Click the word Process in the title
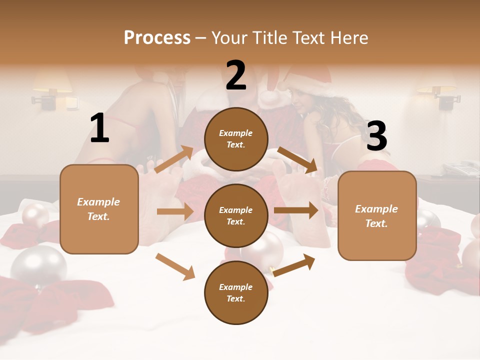point(157,37)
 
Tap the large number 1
point(99,128)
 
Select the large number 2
point(236,75)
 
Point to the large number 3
point(376,136)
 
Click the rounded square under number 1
point(99,209)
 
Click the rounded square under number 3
point(377,215)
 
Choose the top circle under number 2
point(236,139)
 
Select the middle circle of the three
point(236,216)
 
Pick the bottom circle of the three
point(236,293)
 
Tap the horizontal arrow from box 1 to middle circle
point(175,211)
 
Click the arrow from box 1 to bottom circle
point(175,266)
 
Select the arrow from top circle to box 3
point(297,160)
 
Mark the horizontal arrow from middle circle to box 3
point(296,210)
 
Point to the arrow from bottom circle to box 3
point(294,265)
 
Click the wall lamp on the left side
point(52,90)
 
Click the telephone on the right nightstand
point(460,168)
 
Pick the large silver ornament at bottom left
point(38,265)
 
